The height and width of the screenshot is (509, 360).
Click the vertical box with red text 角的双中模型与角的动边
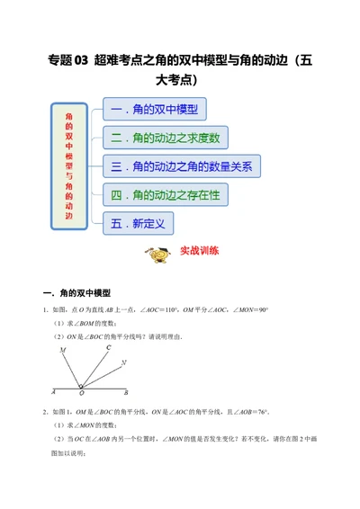pyautogui.click(x=70, y=165)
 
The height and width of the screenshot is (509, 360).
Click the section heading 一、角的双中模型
pyautogui.click(x=77, y=293)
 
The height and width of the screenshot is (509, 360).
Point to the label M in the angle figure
pyautogui.click(x=62, y=349)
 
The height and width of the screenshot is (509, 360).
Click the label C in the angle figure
pyautogui.click(x=108, y=346)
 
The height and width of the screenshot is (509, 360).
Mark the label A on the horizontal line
pyautogui.click(x=54, y=392)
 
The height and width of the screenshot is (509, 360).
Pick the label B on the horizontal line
pyautogui.click(x=125, y=393)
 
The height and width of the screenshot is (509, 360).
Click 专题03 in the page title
pyautogui.click(x=67, y=61)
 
